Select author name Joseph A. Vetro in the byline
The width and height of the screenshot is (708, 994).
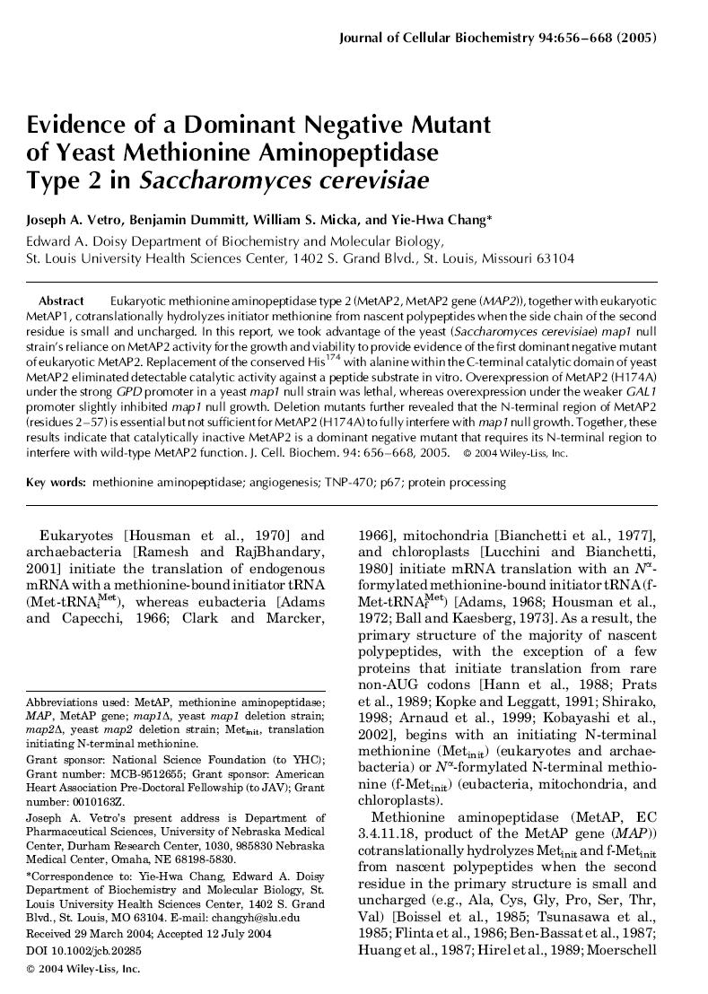(x=75, y=219)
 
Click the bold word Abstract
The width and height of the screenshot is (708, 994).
(x=61, y=301)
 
